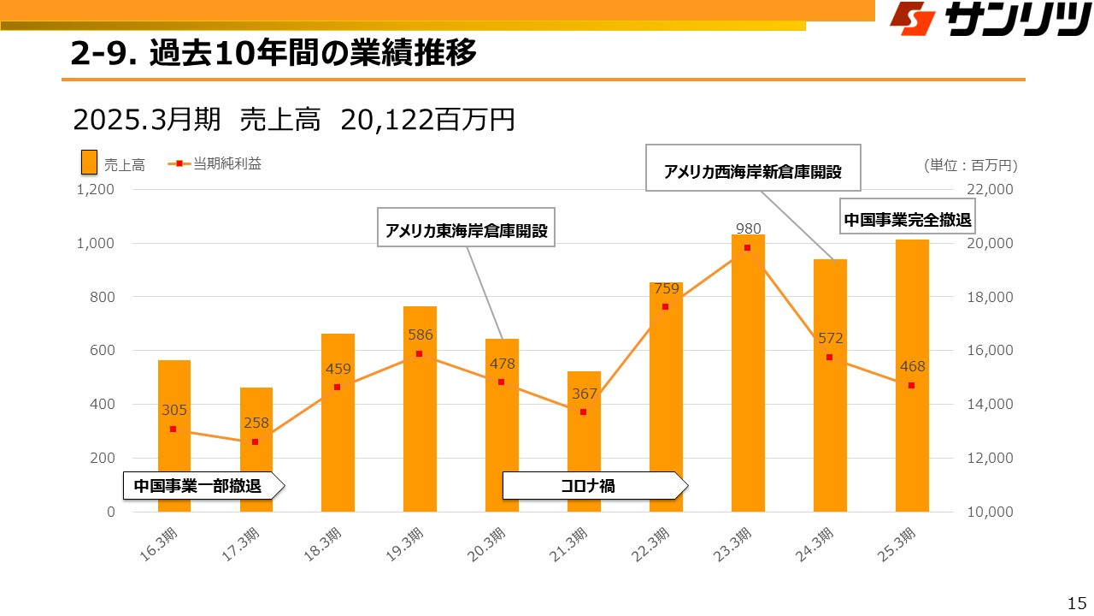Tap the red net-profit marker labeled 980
(747, 247)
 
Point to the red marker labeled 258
(255, 441)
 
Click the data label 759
(667, 288)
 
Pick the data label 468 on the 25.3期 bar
(912, 367)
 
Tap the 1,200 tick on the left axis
(96, 190)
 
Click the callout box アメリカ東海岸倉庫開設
(466, 230)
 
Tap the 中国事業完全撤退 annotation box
(908, 220)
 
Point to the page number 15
(1077, 601)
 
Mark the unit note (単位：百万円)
(970, 164)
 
